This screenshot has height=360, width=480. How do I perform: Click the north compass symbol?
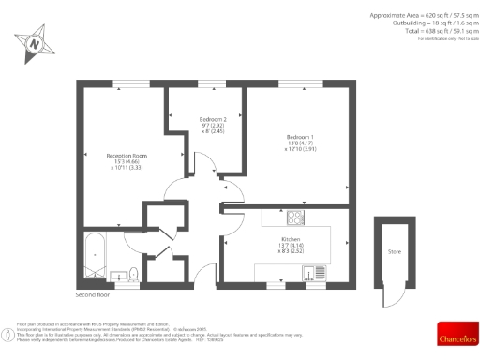(x=35, y=43)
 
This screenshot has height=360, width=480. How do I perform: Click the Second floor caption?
(x=92, y=295)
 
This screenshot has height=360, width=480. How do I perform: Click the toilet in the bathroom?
(x=134, y=273)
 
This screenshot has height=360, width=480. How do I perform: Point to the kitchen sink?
(x=308, y=273)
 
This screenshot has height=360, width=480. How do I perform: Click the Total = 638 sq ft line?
(x=431, y=32)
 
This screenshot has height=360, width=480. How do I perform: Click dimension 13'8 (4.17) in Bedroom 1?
(x=301, y=144)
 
